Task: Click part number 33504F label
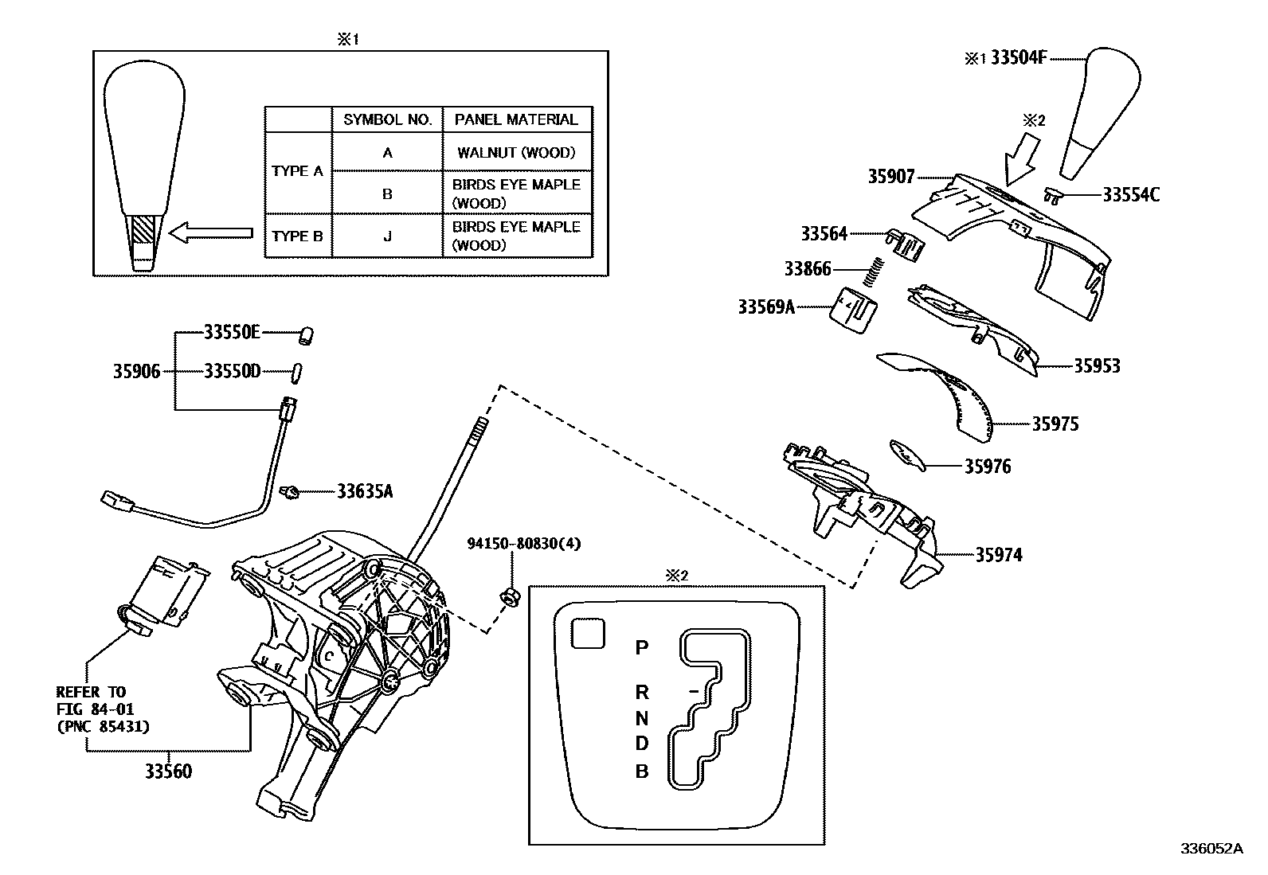pos(1018,58)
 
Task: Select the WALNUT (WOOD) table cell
pos(516,153)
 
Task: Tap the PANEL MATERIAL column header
pos(516,119)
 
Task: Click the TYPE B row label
pos(297,236)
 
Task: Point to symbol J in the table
pos(387,236)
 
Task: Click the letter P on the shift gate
pos(641,648)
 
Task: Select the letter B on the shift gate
pos(641,771)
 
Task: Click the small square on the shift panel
pos(588,633)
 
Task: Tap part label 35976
pos(987,467)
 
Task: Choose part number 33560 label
pos(168,771)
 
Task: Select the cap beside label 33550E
pos(303,335)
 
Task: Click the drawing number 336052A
pos(1211,849)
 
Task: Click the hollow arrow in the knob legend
pos(212,234)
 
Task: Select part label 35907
pos(891,177)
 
